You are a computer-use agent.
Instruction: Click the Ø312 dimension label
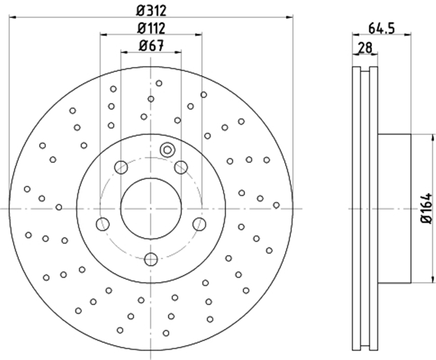click(x=152, y=11)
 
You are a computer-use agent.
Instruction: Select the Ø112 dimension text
click(x=152, y=28)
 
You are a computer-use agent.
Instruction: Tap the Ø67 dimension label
click(x=152, y=46)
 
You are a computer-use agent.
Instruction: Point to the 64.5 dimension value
click(x=381, y=29)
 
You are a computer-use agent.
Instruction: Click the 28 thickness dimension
click(x=365, y=48)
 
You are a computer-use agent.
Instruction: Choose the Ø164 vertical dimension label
click(x=426, y=209)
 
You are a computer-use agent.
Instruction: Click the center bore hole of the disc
click(x=151, y=209)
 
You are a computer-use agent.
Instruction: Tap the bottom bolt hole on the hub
click(x=151, y=260)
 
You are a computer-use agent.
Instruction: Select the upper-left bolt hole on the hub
click(x=121, y=167)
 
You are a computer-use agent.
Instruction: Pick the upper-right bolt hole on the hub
click(x=181, y=167)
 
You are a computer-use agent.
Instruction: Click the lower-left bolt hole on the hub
click(x=103, y=224)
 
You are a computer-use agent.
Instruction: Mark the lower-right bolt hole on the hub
click(x=199, y=224)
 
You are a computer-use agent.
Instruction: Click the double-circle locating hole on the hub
click(x=167, y=150)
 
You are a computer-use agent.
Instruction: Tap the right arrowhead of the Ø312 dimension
click(x=290, y=17)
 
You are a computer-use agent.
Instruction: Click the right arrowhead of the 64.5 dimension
click(x=408, y=35)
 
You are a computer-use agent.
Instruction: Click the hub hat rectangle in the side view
click(x=395, y=209)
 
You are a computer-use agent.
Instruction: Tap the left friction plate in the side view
click(x=356, y=209)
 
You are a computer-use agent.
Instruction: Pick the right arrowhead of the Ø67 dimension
click(x=178, y=52)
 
